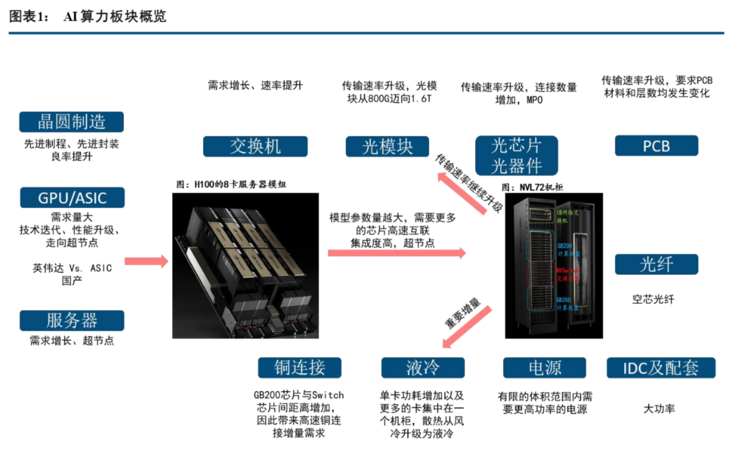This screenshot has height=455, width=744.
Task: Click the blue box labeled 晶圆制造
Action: [x=71, y=122]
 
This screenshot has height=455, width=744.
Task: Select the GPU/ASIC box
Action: [x=72, y=198]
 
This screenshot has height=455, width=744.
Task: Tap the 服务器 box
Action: [x=72, y=320]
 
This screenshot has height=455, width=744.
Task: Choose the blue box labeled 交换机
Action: [x=255, y=147]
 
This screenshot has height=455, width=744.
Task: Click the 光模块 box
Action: [x=387, y=147]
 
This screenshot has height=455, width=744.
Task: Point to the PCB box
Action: [x=656, y=146]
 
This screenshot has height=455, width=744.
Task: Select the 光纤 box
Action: [x=656, y=265]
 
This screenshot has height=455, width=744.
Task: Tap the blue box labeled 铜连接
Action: [x=300, y=368]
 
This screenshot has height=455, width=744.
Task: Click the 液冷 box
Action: [x=423, y=368]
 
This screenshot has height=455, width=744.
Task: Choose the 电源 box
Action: [x=544, y=368]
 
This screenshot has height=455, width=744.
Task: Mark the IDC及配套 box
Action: [x=661, y=368]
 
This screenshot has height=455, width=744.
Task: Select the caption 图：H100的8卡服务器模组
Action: [x=232, y=185]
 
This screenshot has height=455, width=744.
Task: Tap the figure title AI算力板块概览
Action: [x=115, y=17]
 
